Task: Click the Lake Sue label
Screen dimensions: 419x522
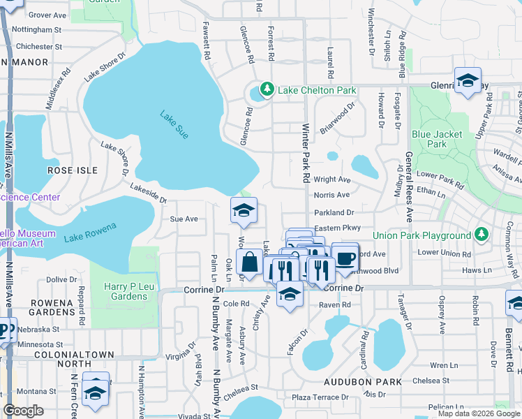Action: click(x=174, y=125)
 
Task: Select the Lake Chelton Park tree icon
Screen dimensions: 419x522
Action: click(x=266, y=89)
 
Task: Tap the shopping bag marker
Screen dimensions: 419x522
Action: click(x=249, y=264)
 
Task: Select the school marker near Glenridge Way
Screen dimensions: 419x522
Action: click(x=468, y=80)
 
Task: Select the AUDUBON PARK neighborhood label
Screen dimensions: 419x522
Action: click(x=362, y=382)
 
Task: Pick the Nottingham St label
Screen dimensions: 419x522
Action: click(x=38, y=30)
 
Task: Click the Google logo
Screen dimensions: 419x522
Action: click(x=24, y=411)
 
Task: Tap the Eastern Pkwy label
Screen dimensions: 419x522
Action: click(x=337, y=228)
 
